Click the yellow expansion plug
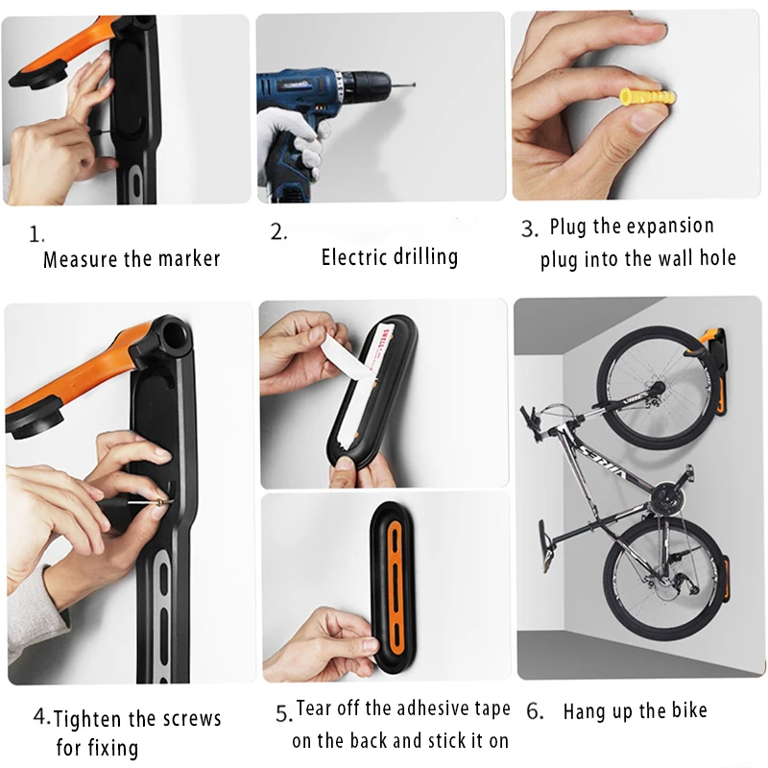pyautogui.click(x=647, y=99)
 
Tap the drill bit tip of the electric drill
pyautogui.click(x=415, y=84)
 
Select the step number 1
pyautogui.click(x=36, y=234)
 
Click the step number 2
pyautogui.click(x=278, y=231)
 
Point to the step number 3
pyautogui.click(x=530, y=228)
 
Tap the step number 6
pyautogui.click(x=535, y=711)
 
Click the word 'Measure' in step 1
pyautogui.click(x=81, y=259)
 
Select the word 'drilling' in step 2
pyautogui.click(x=425, y=257)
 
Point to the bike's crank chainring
pyautogui.click(x=666, y=499)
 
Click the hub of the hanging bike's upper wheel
pyautogui.click(x=657, y=388)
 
